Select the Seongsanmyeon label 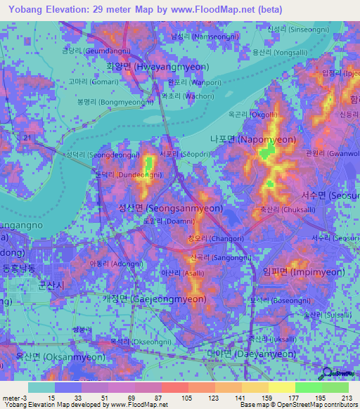pos(171,208)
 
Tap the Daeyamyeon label pos(251,354)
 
